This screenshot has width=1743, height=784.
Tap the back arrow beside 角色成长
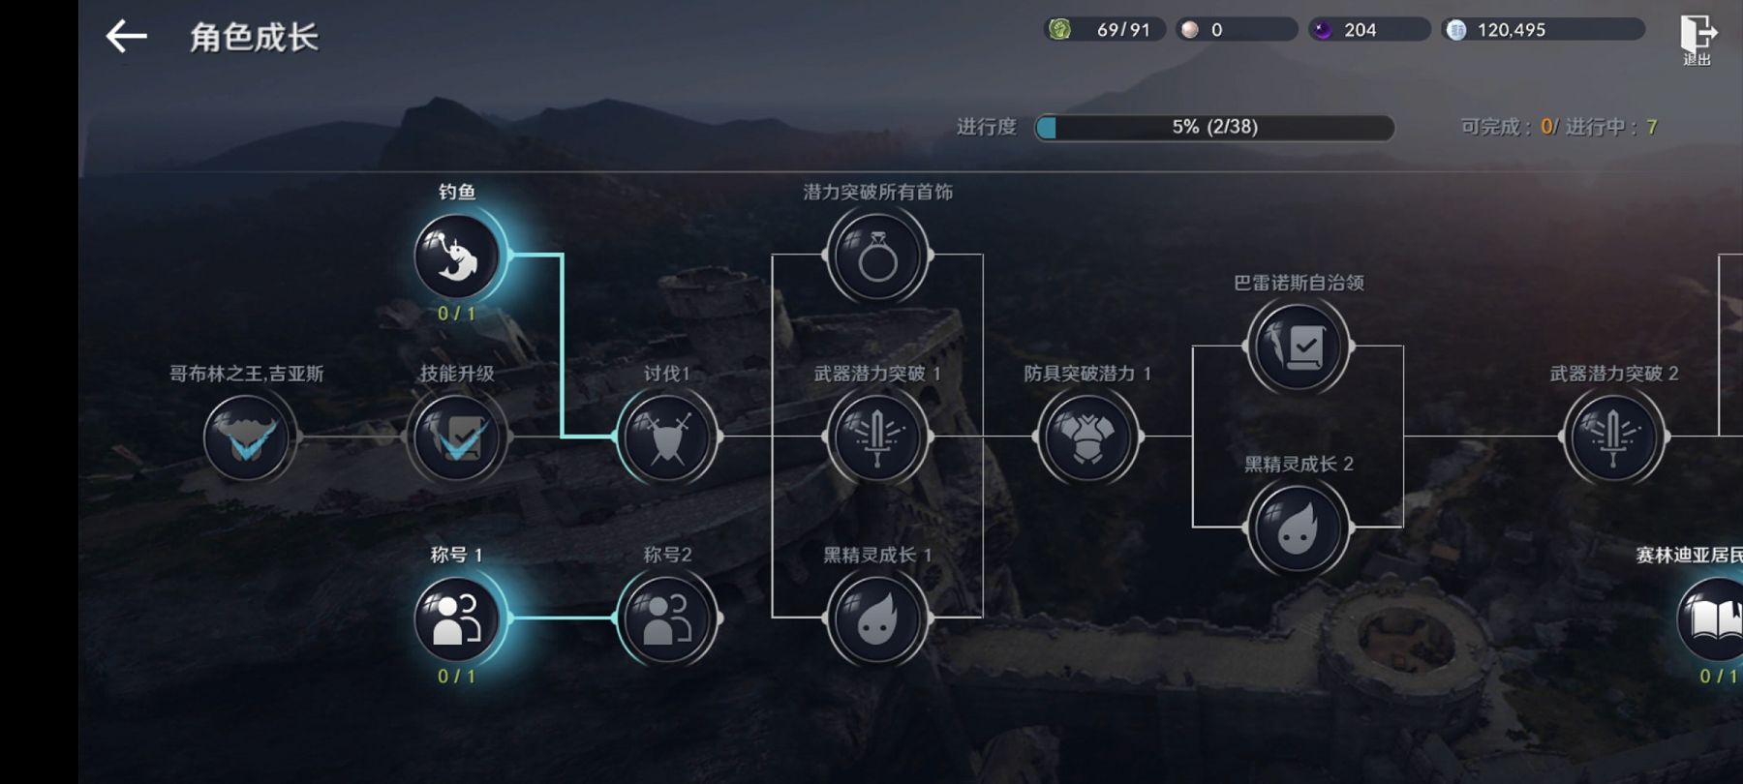127,37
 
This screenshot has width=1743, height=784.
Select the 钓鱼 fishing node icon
457,256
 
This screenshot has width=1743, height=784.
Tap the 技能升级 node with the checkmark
457,437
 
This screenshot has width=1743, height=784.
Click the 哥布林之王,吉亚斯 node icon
247,437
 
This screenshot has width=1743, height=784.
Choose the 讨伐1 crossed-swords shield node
667,437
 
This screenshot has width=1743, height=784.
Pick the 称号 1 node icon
457,618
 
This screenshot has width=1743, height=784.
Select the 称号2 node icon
667,618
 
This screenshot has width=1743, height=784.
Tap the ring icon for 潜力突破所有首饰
877,256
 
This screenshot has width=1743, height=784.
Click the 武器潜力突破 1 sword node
877,437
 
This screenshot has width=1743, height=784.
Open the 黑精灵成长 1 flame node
877,618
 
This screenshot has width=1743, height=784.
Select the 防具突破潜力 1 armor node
1087,437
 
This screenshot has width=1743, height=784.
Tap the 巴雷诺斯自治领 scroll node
1298,347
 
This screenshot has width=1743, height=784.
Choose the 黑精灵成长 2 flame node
1298,528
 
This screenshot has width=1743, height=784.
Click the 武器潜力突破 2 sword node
1613,437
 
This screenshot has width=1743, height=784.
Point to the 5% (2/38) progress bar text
1214,127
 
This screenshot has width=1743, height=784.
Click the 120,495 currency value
1511,30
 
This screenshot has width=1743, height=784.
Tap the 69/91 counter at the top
1123,30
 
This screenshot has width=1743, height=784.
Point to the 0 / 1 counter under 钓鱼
457,314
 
